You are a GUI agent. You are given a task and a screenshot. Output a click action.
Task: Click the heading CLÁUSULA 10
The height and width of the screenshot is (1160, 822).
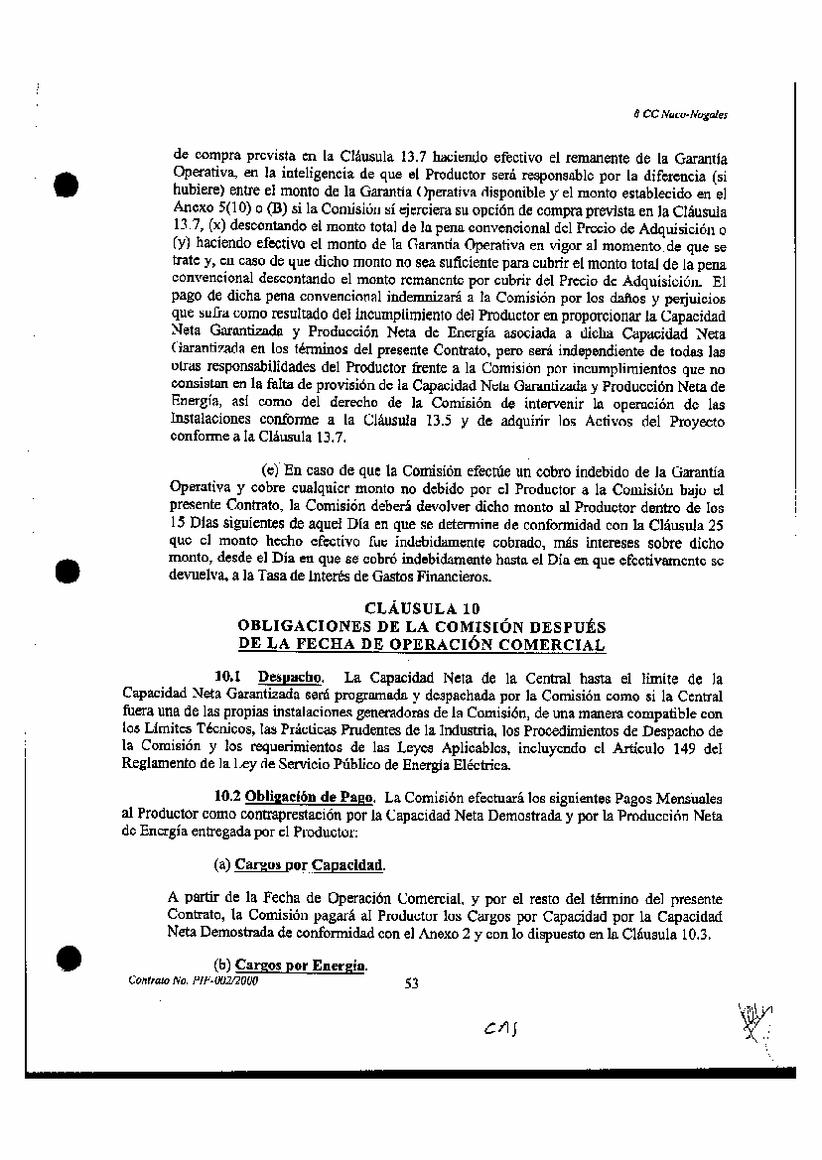[422, 608]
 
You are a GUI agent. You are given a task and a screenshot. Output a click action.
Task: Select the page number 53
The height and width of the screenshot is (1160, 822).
[413, 983]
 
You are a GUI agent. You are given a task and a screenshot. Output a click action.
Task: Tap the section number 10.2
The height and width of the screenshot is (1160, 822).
[227, 797]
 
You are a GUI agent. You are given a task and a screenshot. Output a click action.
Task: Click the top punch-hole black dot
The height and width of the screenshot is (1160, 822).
[68, 187]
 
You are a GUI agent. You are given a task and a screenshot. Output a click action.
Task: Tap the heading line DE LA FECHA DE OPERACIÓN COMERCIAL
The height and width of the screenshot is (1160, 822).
[422, 645]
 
